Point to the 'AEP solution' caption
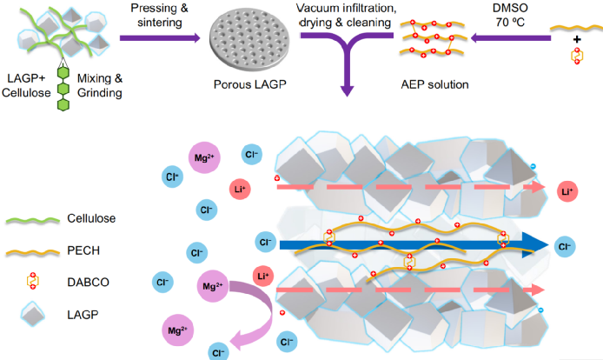[433, 85]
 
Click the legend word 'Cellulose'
[93, 218]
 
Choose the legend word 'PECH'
[83, 250]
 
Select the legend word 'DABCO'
[88, 283]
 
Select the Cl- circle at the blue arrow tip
[567, 247]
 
